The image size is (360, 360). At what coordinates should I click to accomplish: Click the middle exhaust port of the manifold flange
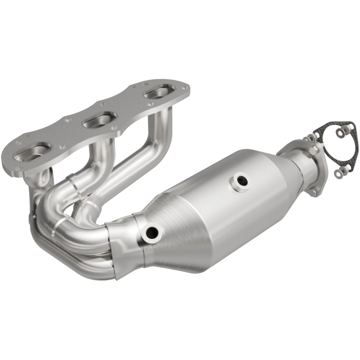tap(98, 120)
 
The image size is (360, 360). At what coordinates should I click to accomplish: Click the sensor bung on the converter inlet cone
tap(152, 232)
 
